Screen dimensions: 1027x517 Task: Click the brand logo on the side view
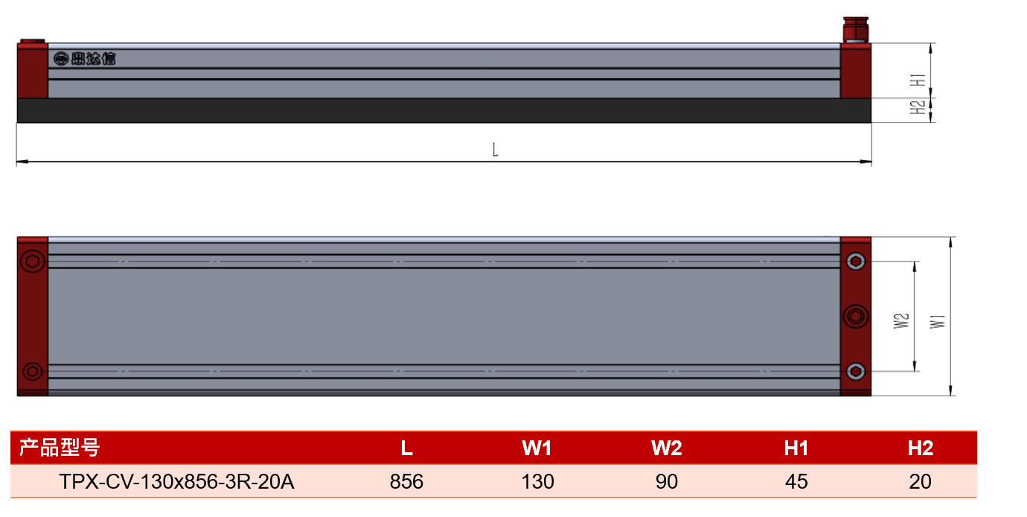(85, 59)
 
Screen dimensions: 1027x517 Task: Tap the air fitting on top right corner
(856, 30)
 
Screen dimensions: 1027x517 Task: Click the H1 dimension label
(918, 80)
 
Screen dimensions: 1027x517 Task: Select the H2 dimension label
(918, 107)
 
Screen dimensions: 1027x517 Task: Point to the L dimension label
(495, 150)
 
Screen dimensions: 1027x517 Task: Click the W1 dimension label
(938, 321)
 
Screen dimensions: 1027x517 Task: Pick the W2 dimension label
(901, 321)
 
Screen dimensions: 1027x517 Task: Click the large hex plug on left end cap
(33, 261)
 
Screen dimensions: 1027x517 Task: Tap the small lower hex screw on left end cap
(33, 371)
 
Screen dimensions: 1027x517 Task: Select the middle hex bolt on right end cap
(856, 317)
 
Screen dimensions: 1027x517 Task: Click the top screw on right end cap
(856, 261)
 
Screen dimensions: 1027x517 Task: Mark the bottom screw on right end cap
(856, 371)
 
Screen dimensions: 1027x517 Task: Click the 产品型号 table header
(60, 448)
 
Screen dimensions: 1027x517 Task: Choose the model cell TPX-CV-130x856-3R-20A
(176, 482)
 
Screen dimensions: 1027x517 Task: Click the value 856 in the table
(406, 482)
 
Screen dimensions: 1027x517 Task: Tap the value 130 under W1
(537, 482)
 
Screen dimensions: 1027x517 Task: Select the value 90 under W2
(667, 482)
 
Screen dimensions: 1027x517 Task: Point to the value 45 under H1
(796, 482)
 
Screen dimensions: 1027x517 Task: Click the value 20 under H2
(920, 482)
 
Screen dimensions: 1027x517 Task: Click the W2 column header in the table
(667, 448)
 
